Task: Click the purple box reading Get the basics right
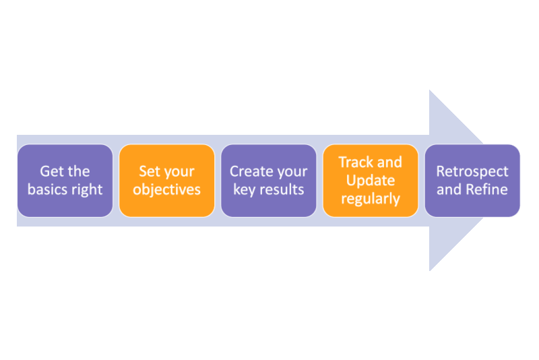(x=65, y=181)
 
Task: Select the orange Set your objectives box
(x=166, y=181)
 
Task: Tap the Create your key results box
(x=268, y=181)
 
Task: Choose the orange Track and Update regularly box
(x=370, y=181)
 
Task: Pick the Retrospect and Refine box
(x=472, y=181)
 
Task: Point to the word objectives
(x=166, y=189)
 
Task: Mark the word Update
(x=370, y=181)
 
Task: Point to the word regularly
(x=370, y=199)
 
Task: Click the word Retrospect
(x=472, y=171)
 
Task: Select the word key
(x=245, y=189)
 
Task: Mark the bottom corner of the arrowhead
(x=431, y=269)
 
